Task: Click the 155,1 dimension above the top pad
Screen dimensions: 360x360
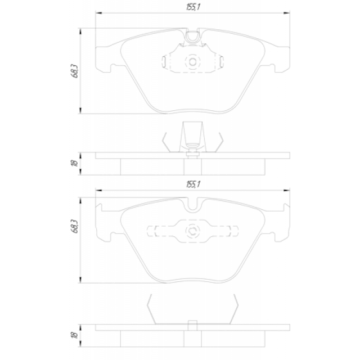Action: (x=193, y=7)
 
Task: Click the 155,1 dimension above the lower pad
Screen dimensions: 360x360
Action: (x=193, y=184)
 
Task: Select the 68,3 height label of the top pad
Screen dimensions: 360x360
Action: (x=75, y=71)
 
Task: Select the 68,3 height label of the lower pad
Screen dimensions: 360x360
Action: (x=75, y=226)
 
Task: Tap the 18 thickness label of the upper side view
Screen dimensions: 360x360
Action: (x=75, y=163)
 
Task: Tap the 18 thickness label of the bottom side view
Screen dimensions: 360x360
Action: (x=75, y=335)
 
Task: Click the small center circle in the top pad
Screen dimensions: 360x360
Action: (x=192, y=62)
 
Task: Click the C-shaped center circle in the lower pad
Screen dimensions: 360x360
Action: (x=192, y=231)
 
